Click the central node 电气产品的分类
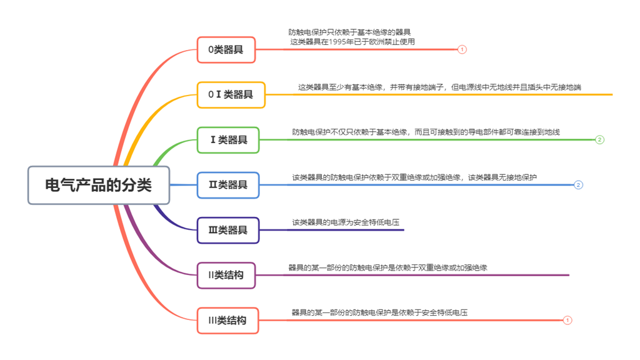(x=99, y=185)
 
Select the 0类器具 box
(x=226, y=50)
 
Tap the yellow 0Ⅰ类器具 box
(x=231, y=95)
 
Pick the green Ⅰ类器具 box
(x=228, y=140)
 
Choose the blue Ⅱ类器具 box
(x=228, y=185)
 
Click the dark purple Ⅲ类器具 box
(x=228, y=230)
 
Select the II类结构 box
(x=226, y=275)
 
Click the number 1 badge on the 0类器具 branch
(x=462, y=49)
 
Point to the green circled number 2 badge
(x=600, y=140)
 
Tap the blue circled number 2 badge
(x=579, y=185)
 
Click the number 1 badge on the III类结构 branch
(x=567, y=320)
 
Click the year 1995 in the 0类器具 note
(x=338, y=42)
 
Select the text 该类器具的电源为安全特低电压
(x=346, y=222)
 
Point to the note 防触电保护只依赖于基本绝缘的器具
(x=349, y=32)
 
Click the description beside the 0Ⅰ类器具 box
(x=439, y=87)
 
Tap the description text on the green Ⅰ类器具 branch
(x=426, y=132)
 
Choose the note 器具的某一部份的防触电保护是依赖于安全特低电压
(x=379, y=312)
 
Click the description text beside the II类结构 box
(x=387, y=267)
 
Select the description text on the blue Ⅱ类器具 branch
(x=414, y=177)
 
